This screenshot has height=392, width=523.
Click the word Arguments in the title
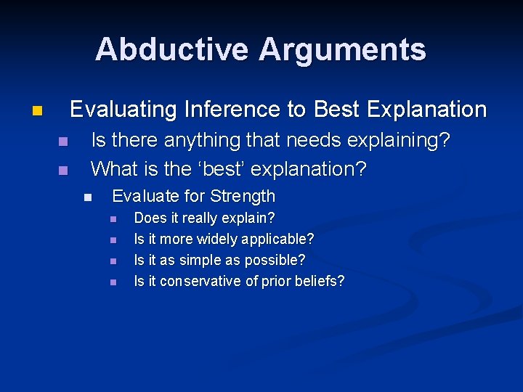point(342,49)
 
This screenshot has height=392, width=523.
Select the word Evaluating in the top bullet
point(123,110)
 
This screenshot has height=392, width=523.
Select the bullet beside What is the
point(62,171)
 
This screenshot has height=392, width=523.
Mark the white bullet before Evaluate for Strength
point(88,197)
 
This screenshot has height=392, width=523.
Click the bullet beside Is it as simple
point(113,261)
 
